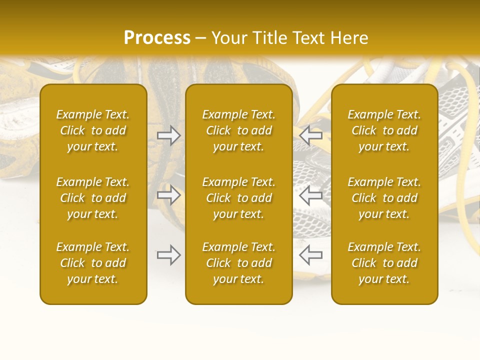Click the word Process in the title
coord(157,38)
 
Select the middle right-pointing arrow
coord(168,195)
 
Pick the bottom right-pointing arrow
coord(168,255)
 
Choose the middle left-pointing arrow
coord(310,195)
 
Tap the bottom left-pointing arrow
coord(310,255)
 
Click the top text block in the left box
coord(93,130)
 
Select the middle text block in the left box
coord(93,198)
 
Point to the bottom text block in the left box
coord(93,263)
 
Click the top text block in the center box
coord(239,130)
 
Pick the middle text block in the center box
coord(239,198)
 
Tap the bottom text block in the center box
coord(239,263)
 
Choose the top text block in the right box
coord(384,130)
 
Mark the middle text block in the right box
coord(384,198)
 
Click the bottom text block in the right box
coord(384,263)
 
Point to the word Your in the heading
coord(228,38)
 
